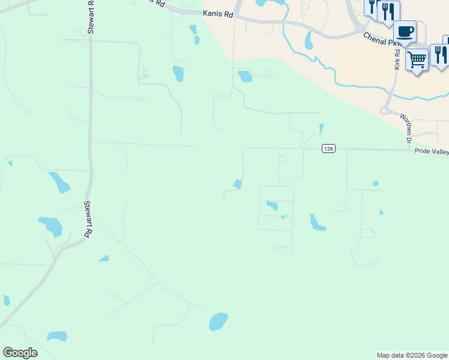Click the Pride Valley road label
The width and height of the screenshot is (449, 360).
pyautogui.click(x=431, y=152)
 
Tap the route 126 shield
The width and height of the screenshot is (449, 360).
pyautogui.click(x=328, y=149)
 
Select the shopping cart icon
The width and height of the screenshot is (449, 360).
pyautogui.click(x=417, y=59)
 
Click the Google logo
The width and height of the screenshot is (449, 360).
pyautogui.click(x=20, y=353)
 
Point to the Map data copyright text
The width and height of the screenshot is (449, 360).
pyautogui.click(x=412, y=355)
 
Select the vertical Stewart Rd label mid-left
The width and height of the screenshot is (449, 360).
pyautogui.click(x=88, y=220)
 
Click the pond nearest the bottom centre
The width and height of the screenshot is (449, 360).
pyautogui.click(x=218, y=322)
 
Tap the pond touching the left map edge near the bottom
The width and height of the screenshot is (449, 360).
pyautogui.click(x=6, y=300)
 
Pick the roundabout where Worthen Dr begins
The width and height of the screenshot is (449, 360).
pyautogui.click(x=384, y=111)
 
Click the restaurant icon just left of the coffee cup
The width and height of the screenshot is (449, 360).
pyautogui.click(x=389, y=11)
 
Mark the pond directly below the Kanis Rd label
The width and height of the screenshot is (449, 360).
pyautogui.click(x=245, y=76)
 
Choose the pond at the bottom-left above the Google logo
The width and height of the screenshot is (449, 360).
pyautogui.click(x=57, y=336)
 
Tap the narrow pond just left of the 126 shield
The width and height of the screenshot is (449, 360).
pyautogui.click(x=321, y=129)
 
